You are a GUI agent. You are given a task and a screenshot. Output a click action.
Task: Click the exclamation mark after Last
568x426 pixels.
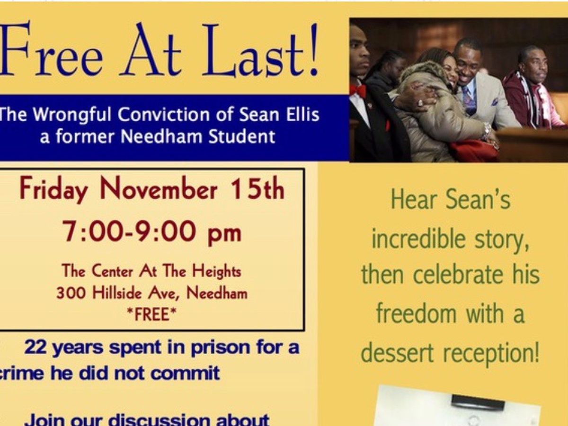pyautogui.click(x=312, y=50)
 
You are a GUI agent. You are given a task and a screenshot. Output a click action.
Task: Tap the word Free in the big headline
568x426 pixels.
pyautogui.click(x=51, y=49)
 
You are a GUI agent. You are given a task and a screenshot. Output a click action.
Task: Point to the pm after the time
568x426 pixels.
pyautogui.click(x=224, y=235)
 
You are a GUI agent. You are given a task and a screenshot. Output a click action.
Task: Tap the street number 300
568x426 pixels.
pyautogui.click(x=71, y=293)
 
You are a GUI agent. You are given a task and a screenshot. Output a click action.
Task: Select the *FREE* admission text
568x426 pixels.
pyautogui.click(x=151, y=314)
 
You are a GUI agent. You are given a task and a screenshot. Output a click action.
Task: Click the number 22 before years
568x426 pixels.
pyautogui.click(x=35, y=347)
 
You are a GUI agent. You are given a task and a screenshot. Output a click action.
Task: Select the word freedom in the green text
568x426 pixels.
pyautogui.click(x=416, y=313)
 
